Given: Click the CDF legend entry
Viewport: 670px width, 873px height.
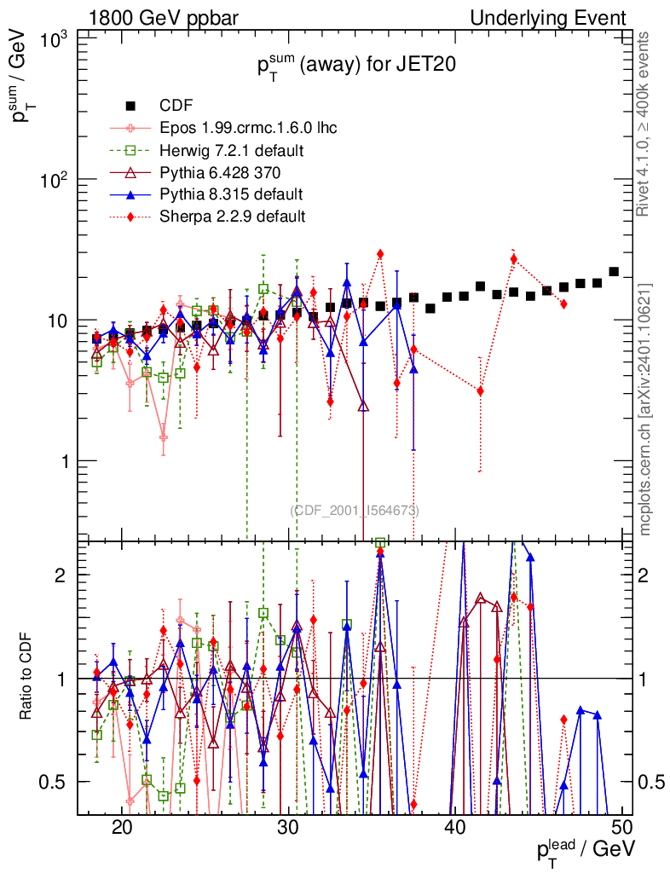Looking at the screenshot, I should pyautogui.click(x=176, y=106).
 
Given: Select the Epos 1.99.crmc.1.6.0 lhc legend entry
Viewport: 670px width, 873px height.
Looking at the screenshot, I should pyautogui.click(x=248, y=128).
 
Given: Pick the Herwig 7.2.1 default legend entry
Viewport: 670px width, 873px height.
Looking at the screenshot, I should pyautogui.click(x=232, y=150).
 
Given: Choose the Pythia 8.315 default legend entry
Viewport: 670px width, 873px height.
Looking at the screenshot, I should pyautogui.click(x=231, y=194).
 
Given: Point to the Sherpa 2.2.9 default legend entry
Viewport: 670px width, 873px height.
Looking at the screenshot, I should pyautogui.click(x=232, y=216).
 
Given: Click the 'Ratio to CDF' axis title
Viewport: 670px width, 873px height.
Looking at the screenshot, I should pyautogui.click(x=26, y=678).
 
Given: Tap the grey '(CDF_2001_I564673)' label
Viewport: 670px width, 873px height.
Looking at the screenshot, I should pyautogui.click(x=355, y=511).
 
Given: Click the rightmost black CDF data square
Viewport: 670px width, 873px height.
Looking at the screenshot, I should pyautogui.click(x=614, y=272).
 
